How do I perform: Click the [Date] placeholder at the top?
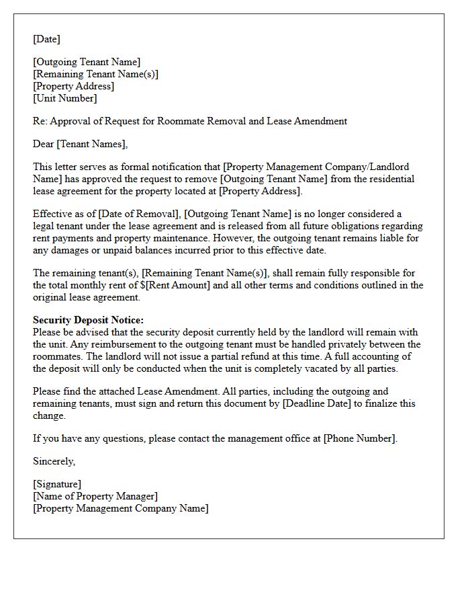click(46, 39)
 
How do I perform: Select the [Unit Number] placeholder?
click(64, 98)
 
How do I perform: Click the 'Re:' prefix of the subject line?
click(41, 121)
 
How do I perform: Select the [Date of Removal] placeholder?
click(132, 214)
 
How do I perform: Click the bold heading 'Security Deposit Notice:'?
click(88, 320)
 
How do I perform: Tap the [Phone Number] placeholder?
click(359, 438)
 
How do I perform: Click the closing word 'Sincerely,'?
click(54, 461)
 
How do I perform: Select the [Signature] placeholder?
click(57, 484)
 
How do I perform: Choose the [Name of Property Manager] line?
click(95, 496)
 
